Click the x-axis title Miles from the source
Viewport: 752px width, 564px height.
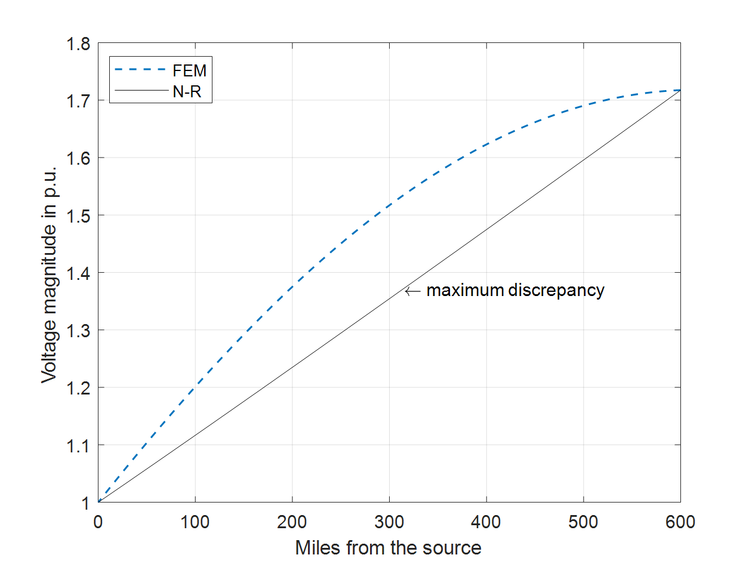388,547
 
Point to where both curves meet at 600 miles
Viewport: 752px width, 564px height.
680,90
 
